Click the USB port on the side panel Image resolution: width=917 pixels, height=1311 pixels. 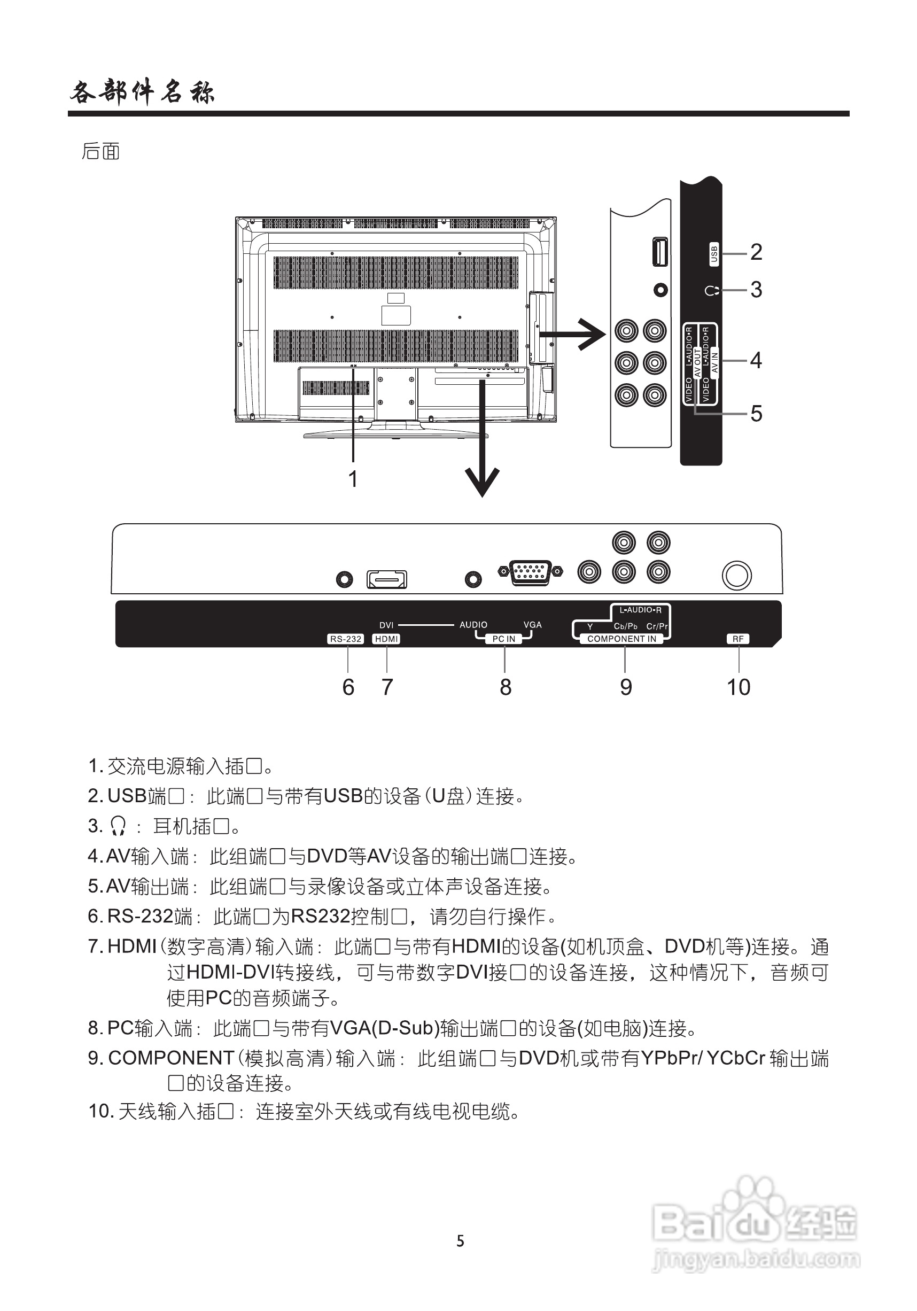(x=660, y=252)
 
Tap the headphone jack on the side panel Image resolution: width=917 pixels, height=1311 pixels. (x=660, y=290)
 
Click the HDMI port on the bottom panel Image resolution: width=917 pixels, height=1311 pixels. (x=386, y=579)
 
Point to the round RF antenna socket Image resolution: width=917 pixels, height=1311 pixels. (x=736, y=576)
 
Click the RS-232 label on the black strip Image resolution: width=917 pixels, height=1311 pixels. (x=346, y=639)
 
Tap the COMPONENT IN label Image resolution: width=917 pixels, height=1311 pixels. (x=622, y=639)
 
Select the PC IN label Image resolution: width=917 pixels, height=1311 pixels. (x=503, y=639)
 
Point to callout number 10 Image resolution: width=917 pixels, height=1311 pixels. (x=739, y=687)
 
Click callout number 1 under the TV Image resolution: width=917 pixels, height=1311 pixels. (x=353, y=478)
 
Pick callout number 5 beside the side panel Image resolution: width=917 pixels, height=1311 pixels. (x=756, y=414)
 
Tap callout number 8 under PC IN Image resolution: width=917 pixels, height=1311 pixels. (x=506, y=687)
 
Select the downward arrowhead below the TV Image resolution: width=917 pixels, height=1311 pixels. (x=483, y=483)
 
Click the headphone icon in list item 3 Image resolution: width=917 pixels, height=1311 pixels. (x=118, y=826)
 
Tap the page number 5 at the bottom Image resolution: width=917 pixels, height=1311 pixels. (x=460, y=1241)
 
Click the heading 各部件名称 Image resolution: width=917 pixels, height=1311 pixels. (x=142, y=92)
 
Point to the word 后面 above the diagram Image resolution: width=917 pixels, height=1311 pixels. (x=100, y=151)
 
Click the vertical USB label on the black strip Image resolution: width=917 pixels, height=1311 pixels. (x=714, y=254)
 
